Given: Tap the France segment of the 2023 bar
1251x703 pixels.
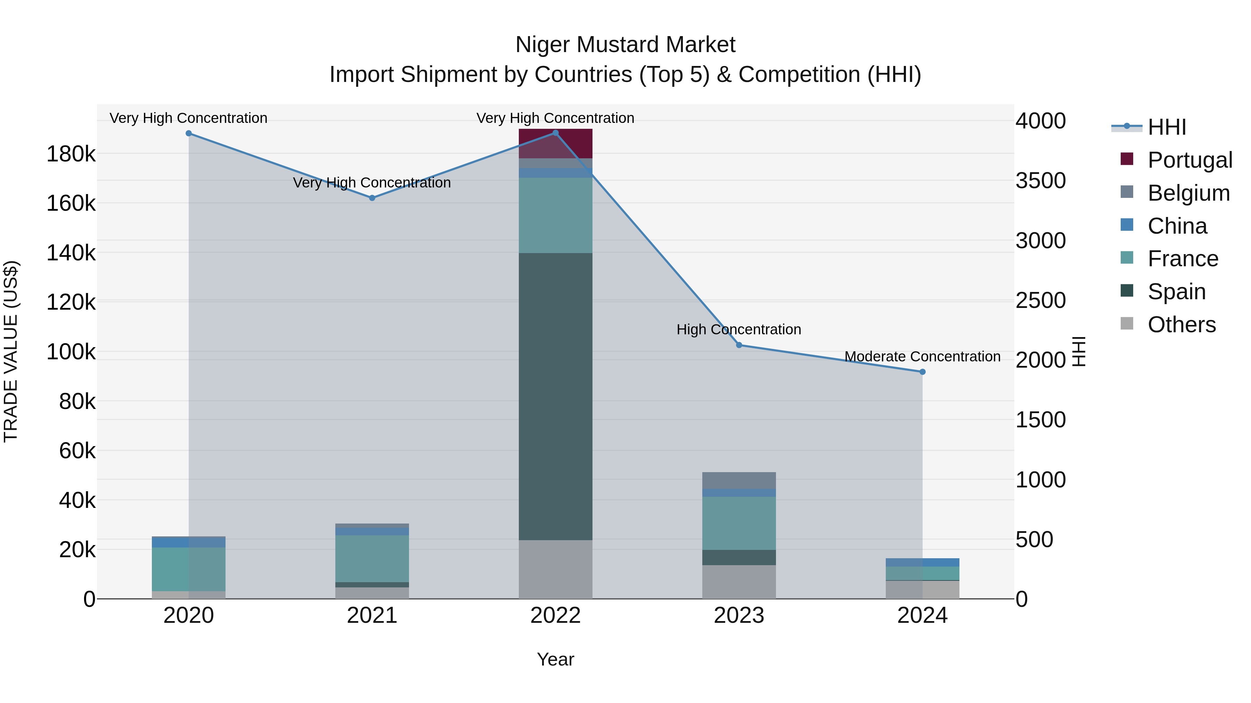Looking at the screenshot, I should (x=739, y=523).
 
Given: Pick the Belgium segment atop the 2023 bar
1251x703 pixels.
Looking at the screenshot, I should (x=739, y=480).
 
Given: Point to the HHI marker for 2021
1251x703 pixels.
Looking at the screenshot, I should (x=372, y=198).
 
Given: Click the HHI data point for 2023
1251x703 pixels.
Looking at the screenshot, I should (x=739, y=345).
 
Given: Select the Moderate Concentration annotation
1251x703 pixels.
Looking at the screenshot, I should (x=922, y=357).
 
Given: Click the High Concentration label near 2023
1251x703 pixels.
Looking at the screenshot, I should (x=739, y=329).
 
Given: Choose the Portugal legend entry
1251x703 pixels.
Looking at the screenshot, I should (x=1190, y=160).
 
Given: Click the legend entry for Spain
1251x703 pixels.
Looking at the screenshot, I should (x=1176, y=292).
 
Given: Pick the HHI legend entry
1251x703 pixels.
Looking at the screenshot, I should (x=1167, y=127).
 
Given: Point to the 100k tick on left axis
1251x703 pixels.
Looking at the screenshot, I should (x=71, y=352).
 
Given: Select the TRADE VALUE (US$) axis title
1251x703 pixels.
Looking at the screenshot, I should (x=11, y=351).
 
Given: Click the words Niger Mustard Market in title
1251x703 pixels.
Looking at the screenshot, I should (x=625, y=45).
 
